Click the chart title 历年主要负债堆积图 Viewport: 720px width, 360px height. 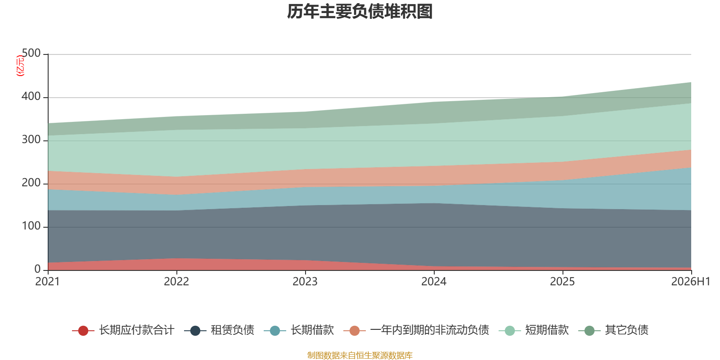click(x=360, y=12)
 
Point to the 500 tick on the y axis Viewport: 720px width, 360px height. click(x=31, y=53)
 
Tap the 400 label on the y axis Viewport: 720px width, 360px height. click(x=31, y=96)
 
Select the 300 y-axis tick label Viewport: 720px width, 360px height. click(x=31, y=139)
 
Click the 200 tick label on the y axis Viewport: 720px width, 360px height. click(x=31, y=183)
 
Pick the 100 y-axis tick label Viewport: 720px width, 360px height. click(x=31, y=226)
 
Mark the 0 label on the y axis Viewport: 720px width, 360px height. click(x=38, y=270)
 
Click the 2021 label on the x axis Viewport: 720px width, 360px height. click(x=48, y=282)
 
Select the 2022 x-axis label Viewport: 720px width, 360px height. click(x=176, y=282)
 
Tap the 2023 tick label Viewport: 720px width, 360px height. click(x=305, y=282)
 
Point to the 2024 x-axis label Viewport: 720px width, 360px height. click(x=434, y=282)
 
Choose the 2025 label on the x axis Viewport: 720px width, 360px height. click(x=562, y=282)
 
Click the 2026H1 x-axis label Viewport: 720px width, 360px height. click(x=691, y=282)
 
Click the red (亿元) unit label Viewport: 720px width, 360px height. click(x=20, y=66)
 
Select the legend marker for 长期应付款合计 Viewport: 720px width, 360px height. click(x=83, y=330)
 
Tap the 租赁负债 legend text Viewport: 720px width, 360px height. click(x=232, y=330)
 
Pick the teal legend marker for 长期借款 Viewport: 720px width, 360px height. click(x=275, y=330)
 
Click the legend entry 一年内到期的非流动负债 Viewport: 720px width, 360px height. click(x=430, y=330)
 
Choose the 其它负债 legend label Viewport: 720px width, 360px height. click(x=626, y=330)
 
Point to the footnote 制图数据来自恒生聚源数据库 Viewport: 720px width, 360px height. click(x=360, y=355)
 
